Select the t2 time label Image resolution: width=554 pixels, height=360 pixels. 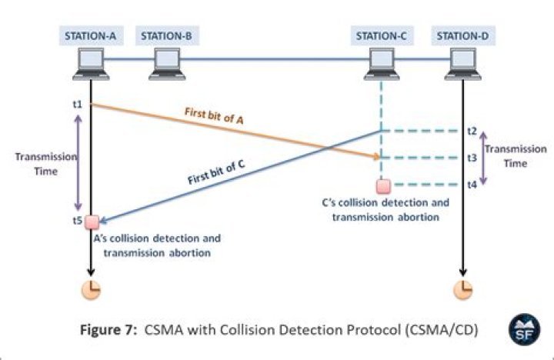pos(472,132)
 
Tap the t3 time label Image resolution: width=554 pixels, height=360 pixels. pos(472,158)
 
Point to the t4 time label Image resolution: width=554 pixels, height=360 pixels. pos(472,185)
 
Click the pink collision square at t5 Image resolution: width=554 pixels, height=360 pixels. pos(92,222)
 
